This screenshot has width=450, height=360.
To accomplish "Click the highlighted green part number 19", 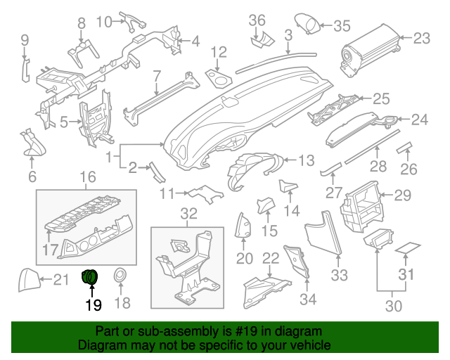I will (x=91, y=277).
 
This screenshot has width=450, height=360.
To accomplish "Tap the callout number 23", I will (x=421, y=38).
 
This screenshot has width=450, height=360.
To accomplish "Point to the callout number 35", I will (x=341, y=27).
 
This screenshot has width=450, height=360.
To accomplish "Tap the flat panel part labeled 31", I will (x=407, y=248).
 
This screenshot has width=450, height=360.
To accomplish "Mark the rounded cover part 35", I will (x=306, y=24).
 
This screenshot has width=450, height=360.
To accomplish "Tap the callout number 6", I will (x=32, y=176).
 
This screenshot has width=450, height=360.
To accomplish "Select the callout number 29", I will (x=402, y=195).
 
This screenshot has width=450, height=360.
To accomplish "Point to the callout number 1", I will (x=109, y=155).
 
